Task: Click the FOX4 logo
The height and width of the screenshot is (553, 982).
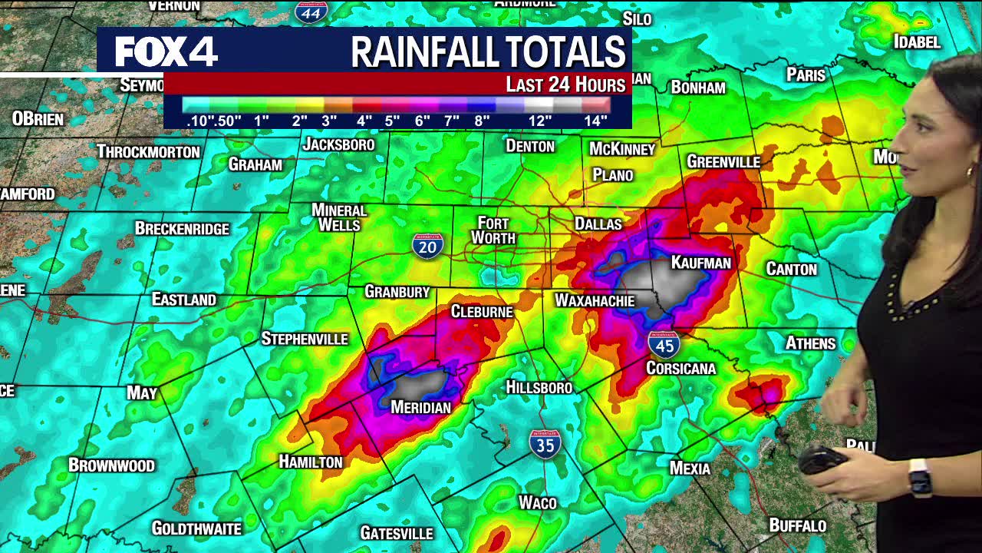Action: click(166, 51)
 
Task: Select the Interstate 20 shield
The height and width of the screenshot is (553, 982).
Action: click(427, 246)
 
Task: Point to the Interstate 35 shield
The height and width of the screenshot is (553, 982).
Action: click(545, 444)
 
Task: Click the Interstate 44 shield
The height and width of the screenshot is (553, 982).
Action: click(311, 11)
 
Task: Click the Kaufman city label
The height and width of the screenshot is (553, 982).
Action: click(700, 263)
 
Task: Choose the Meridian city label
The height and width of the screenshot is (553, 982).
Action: click(421, 407)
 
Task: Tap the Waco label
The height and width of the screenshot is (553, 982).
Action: click(537, 503)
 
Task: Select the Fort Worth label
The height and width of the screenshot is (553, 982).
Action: click(493, 230)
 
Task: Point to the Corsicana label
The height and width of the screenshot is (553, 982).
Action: click(680, 369)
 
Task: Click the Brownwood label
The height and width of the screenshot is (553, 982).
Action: click(111, 465)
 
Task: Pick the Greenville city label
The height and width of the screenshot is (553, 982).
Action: click(723, 162)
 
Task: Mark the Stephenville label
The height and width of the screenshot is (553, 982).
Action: click(305, 339)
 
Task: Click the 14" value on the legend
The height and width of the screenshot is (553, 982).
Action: click(595, 121)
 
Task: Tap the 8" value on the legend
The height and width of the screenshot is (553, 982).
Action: click(482, 121)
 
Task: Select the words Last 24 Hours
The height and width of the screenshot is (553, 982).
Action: click(565, 84)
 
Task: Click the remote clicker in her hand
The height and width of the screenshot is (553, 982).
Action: click(821, 460)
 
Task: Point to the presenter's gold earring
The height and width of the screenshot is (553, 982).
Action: click(969, 171)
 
